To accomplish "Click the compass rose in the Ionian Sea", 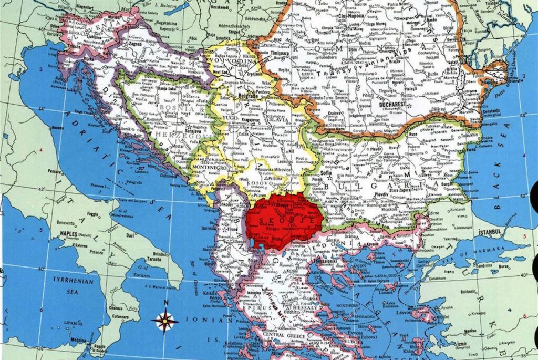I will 165,320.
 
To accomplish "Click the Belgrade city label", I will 250,96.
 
